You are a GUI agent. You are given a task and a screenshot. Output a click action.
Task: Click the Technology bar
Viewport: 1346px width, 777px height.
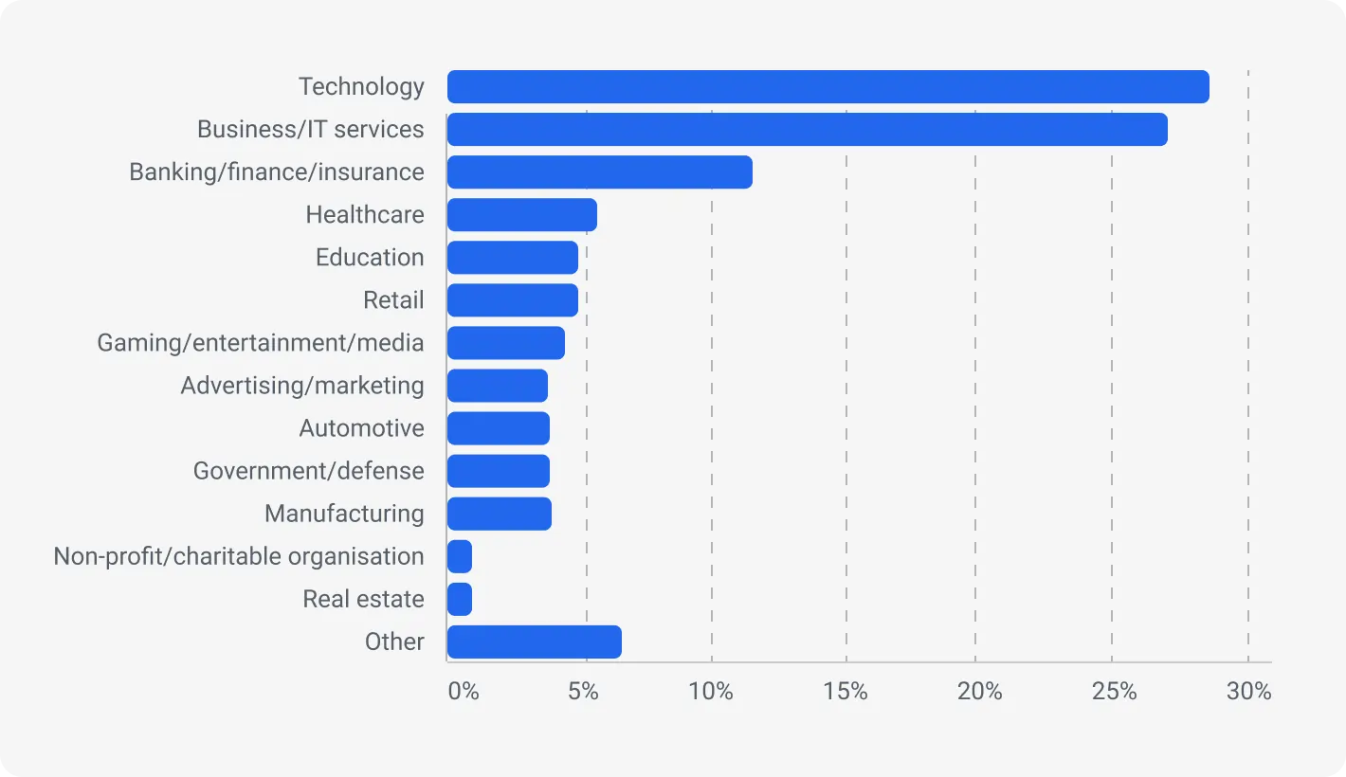pyautogui.click(x=828, y=86)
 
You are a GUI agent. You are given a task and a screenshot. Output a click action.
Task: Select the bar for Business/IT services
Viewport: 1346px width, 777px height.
pyautogui.click(x=807, y=129)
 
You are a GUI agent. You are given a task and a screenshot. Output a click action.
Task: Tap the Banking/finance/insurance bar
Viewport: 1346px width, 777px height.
pyautogui.click(x=599, y=172)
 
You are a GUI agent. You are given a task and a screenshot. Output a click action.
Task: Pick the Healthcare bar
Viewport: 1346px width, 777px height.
pyautogui.click(x=521, y=214)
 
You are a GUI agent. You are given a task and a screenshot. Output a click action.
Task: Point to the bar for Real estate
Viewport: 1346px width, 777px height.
pyautogui.click(x=460, y=599)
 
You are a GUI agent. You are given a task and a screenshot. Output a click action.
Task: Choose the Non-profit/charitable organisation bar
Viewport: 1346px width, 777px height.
pyautogui.click(x=460, y=556)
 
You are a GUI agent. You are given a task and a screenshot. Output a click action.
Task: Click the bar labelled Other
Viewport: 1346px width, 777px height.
pyautogui.click(x=534, y=641)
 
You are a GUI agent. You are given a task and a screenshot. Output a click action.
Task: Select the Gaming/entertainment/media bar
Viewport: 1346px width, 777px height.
pyautogui.click(x=505, y=342)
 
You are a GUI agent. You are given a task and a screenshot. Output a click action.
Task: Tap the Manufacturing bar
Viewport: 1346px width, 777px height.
pyautogui.click(x=499, y=514)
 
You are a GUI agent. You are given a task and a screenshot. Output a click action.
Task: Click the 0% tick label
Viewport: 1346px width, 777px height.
pyautogui.click(x=464, y=692)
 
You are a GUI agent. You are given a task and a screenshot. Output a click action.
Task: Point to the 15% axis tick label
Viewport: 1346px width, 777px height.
pyautogui.click(x=846, y=692)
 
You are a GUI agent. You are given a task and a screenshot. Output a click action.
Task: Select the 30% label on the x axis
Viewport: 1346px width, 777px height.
pyautogui.click(x=1248, y=692)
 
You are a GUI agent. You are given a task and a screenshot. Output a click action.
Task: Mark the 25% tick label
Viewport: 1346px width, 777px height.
pyautogui.click(x=1114, y=692)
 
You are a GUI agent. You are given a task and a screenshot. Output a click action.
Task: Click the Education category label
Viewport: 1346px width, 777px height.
pyautogui.click(x=370, y=257)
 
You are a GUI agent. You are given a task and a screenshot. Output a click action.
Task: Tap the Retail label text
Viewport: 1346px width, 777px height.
pyautogui.click(x=393, y=300)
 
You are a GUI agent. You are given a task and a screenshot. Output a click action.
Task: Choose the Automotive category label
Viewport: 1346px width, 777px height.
pyautogui.click(x=361, y=428)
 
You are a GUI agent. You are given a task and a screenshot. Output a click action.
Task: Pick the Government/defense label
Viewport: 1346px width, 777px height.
pyautogui.click(x=308, y=471)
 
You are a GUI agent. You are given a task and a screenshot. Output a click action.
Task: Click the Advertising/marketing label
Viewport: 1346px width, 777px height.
pyautogui.click(x=302, y=386)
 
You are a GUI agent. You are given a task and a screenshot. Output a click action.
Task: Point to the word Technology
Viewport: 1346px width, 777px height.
pyautogui.click(x=361, y=86)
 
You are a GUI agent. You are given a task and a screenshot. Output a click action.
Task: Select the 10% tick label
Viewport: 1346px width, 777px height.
pyautogui.click(x=711, y=692)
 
